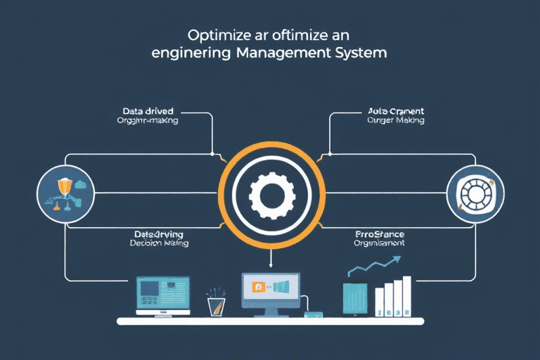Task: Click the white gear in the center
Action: (x=269, y=192)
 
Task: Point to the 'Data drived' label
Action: (x=148, y=111)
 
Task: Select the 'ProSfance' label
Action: (x=380, y=233)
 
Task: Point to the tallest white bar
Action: (x=406, y=295)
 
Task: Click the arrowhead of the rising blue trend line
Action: (x=397, y=259)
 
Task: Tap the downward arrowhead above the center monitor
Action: (x=270, y=266)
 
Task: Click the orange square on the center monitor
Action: (x=258, y=287)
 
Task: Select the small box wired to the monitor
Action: (x=310, y=314)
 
